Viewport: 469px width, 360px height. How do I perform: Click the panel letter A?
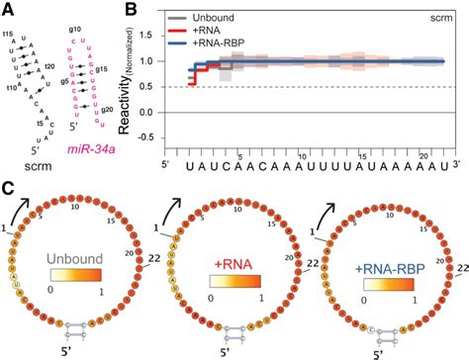click(x=8, y=9)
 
